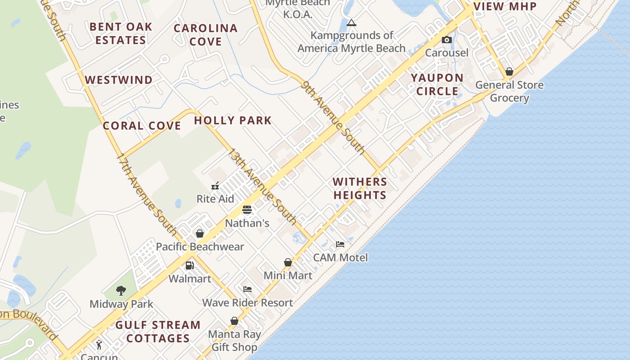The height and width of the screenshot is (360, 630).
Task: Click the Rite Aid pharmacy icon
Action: [215, 185]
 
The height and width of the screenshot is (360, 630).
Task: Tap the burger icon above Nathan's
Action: [247, 210]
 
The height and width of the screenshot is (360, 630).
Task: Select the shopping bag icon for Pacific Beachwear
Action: [200, 234]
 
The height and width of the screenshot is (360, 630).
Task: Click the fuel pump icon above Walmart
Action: [190, 265]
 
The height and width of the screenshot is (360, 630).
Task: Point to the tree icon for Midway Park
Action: [121, 291]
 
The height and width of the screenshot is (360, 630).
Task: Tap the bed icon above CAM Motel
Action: [340, 244]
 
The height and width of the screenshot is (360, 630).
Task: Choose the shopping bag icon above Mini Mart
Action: [288, 262]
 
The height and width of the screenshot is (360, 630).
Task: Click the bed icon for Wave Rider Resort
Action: [247, 289]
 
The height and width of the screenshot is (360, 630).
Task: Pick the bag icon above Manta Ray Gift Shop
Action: [234, 321]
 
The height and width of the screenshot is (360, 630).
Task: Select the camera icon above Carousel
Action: [447, 40]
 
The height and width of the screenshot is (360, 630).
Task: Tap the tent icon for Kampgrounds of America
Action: [351, 22]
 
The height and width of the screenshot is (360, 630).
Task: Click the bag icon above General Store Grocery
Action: [509, 72]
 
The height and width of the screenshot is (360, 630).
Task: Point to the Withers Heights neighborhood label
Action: [360, 188]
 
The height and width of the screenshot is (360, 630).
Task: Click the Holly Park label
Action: [233, 121]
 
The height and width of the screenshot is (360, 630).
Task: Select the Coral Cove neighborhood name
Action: [142, 126]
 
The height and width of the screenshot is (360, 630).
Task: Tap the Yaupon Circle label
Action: [437, 84]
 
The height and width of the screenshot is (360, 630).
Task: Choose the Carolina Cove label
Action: [206, 35]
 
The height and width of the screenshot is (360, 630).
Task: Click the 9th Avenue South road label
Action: [333, 117]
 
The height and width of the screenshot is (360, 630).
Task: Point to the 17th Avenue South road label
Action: [147, 194]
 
